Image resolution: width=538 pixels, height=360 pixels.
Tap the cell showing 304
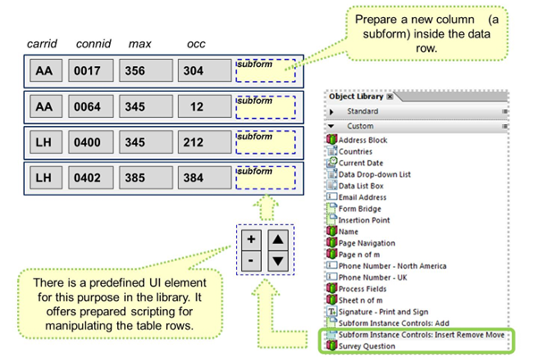click(x=200, y=71)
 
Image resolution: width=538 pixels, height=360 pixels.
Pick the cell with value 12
click(x=200, y=107)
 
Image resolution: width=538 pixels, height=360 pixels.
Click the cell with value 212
click(x=200, y=142)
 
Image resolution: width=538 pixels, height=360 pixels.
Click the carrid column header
click(x=43, y=44)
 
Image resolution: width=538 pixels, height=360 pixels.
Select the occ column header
click(x=196, y=44)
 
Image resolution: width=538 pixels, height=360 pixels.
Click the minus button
click(x=252, y=260)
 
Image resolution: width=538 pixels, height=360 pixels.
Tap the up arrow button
click(x=278, y=239)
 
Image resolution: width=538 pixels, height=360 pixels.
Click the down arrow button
click(x=278, y=260)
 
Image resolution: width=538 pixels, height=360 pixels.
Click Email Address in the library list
click(x=362, y=197)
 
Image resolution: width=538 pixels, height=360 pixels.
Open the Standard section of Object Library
click(x=361, y=112)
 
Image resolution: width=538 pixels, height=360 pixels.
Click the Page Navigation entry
click(x=366, y=243)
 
